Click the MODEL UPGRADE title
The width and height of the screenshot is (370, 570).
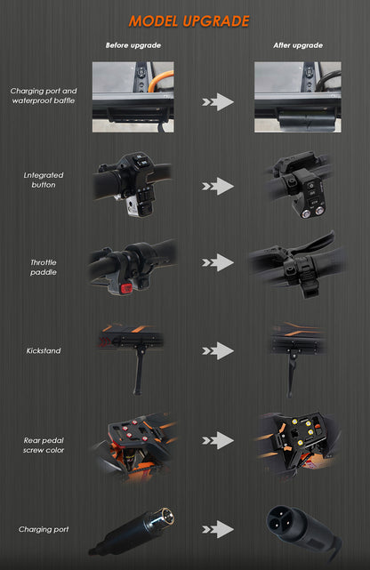(189, 21)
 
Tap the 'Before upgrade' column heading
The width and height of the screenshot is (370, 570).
(133, 45)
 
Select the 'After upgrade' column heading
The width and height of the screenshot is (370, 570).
(298, 45)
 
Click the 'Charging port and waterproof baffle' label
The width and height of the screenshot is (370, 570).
(44, 96)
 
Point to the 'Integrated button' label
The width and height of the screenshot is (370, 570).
(44, 180)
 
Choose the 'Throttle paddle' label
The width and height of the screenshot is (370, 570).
(44, 267)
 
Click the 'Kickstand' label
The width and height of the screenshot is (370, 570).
(44, 350)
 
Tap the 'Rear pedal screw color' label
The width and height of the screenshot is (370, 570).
(44, 446)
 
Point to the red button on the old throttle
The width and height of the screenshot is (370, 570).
(126, 289)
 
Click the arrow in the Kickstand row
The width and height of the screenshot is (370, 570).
(218, 350)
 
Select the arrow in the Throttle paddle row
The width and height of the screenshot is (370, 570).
(218, 262)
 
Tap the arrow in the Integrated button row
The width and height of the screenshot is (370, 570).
(218, 186)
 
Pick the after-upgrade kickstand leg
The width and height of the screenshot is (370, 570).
(291, 374)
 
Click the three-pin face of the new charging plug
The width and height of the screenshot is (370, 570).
(279, 520)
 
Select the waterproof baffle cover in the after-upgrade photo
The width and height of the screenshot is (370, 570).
(306, 120)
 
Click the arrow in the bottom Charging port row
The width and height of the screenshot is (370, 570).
(218, 529)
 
